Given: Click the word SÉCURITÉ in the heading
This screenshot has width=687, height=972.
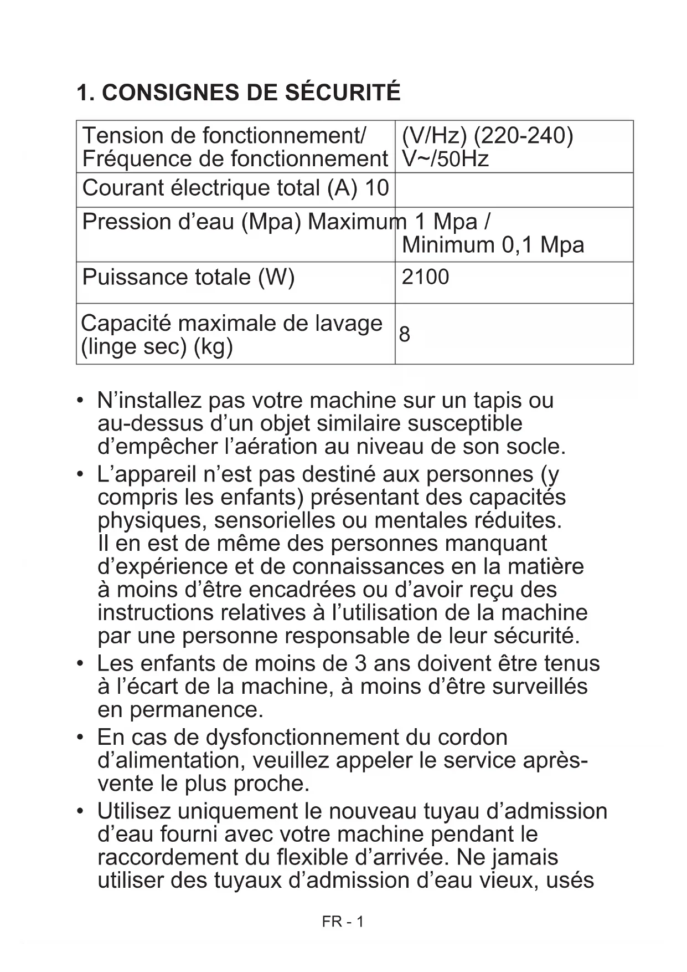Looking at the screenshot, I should [x=343, y=93].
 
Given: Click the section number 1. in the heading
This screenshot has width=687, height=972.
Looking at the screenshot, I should [x=86, y=93].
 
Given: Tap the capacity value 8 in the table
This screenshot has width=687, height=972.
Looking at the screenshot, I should [x=405, y=334].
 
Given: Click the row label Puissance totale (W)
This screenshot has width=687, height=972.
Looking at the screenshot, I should [x=188, y=277].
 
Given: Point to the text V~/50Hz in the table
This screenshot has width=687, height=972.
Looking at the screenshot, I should [x=445, y=159].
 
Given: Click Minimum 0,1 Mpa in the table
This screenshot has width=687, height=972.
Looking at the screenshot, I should [x=493, y=244].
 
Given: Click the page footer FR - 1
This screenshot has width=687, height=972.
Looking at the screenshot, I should [x=343, y=922].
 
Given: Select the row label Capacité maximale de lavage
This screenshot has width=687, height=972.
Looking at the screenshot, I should [x=231, y=324].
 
